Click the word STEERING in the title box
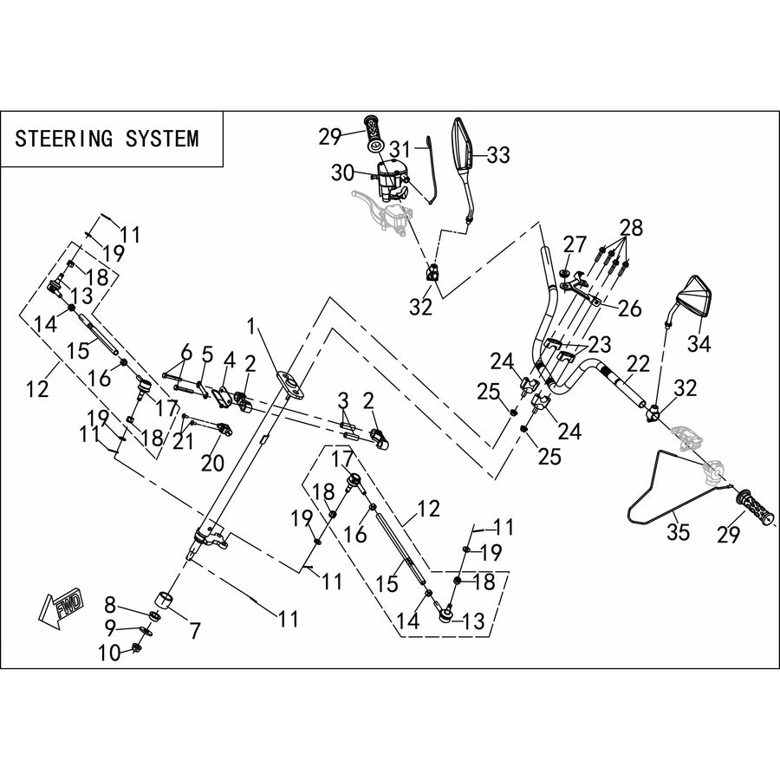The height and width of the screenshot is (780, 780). coord(64,139)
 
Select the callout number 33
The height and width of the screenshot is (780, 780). coord(498,155)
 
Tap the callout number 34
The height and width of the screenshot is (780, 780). coord(699,343)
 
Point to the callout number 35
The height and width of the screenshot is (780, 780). coord(678,532)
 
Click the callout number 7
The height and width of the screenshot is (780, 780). coord(195,631)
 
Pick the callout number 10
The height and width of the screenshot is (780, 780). coord(109,653)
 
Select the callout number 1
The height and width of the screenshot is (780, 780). coord(251,328)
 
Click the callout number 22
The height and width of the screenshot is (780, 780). coord(639,365)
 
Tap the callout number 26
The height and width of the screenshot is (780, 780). coord(630,309)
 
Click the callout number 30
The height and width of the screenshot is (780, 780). coord(342,173)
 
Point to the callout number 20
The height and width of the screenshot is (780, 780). coord(212,463)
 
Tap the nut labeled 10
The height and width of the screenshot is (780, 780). coord(135,647)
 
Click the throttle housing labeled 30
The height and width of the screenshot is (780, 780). coord(392,179)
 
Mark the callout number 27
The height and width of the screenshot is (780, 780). coord(575,245)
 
